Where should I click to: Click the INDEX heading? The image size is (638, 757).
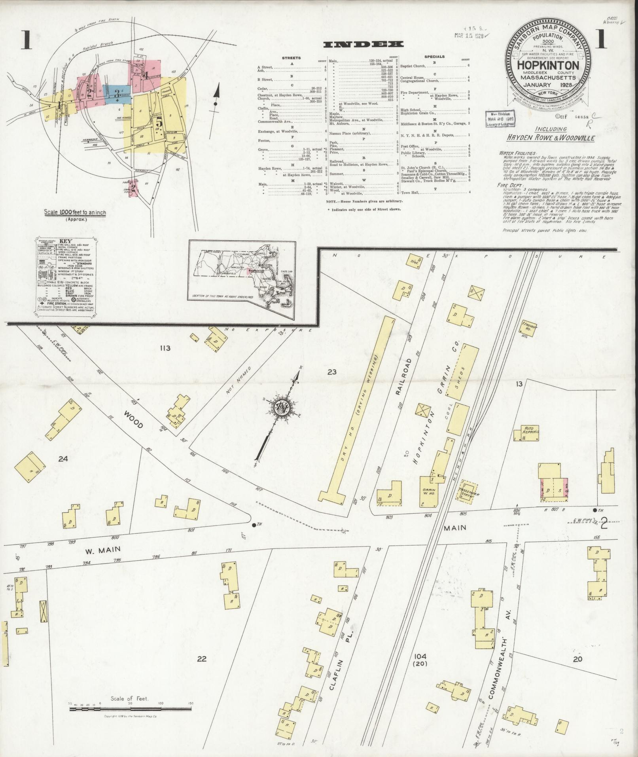(363, 44)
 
